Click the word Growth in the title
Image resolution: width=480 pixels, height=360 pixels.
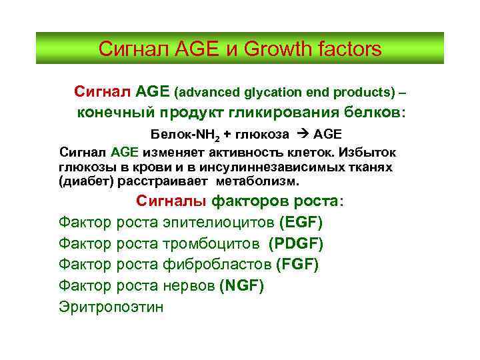tap(285, 49)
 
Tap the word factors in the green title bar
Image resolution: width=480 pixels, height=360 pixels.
tap(351, 49)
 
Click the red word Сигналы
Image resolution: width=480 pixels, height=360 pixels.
tap(172, 201)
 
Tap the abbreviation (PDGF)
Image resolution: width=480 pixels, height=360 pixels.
tap(296, 243)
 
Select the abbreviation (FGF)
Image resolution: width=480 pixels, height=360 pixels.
tap(297, 265)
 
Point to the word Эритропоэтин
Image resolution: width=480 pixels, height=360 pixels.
tap(111, 307)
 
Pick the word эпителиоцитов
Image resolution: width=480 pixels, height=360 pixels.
tap(217, 222)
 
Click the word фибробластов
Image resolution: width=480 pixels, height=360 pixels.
tap(217, 265)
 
